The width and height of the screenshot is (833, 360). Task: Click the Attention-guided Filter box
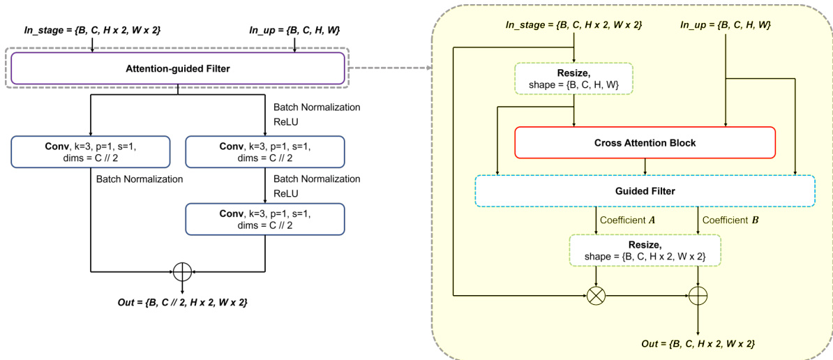[177, 68]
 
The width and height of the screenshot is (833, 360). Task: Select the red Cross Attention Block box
[645, 142]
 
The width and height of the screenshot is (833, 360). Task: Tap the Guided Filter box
[645, 190]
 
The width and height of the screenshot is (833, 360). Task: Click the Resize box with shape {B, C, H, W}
[573, 79]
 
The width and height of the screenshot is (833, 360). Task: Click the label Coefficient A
[629, 220]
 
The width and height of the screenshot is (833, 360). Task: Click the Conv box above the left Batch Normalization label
[91, 152]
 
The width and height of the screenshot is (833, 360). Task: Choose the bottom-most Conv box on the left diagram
[265, 219]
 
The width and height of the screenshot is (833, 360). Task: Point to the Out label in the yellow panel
[698, 344]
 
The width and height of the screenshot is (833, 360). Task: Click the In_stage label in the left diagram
[93, 30]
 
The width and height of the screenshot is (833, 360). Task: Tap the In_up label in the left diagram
[294, 30]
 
